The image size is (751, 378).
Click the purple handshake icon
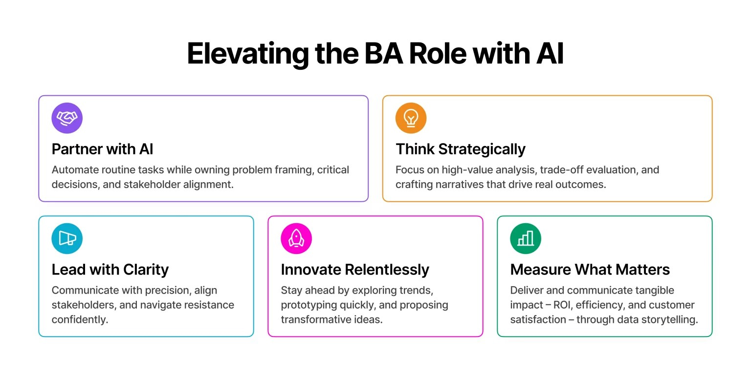67,118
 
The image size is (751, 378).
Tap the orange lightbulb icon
411,118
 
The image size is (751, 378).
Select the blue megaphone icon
67,239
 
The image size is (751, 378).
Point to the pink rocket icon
296,239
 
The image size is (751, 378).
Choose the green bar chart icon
526,239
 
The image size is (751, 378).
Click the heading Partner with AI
102,149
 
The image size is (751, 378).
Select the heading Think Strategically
460,149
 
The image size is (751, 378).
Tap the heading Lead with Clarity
110,270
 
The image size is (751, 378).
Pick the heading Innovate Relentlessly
354,270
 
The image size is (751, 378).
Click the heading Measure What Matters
590,270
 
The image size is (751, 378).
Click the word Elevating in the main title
248,54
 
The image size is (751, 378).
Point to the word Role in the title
438,54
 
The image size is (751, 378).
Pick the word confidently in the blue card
80,320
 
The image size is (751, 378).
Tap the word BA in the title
383,54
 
